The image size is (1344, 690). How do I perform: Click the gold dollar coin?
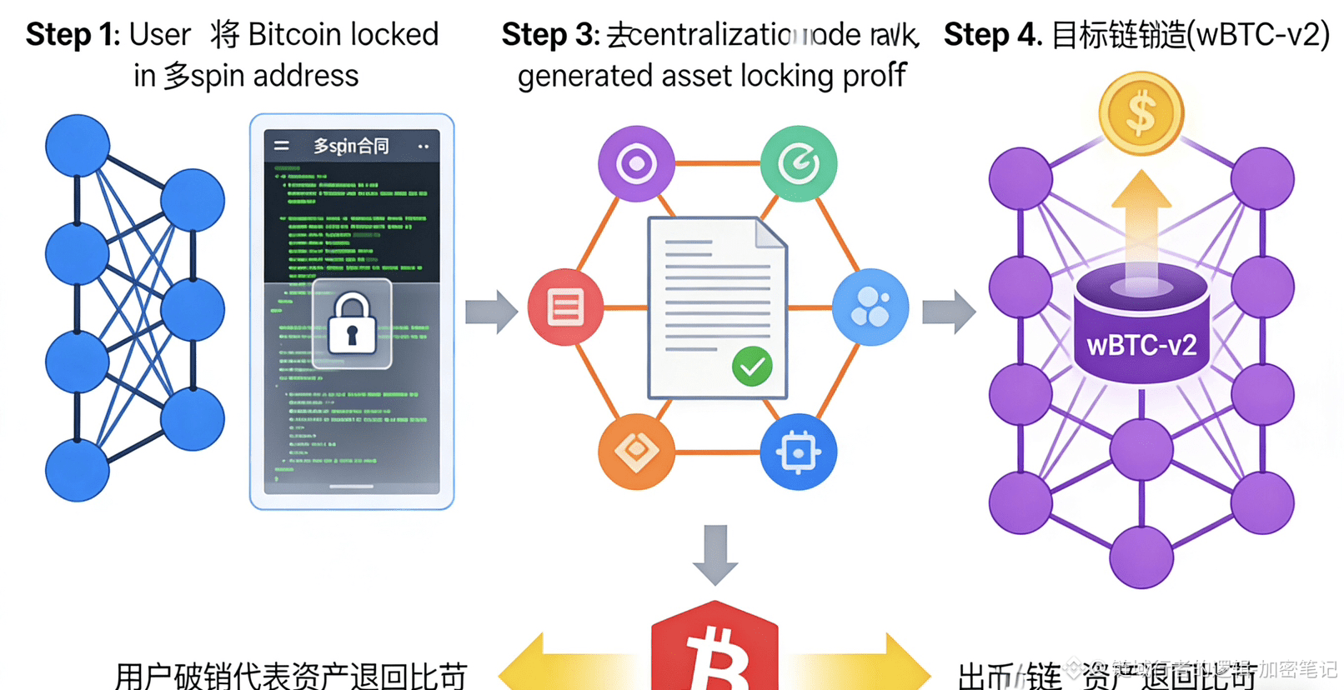(1141, 113)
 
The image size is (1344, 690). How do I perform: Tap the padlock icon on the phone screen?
(352, 323)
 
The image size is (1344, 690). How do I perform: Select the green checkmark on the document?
(752, 366)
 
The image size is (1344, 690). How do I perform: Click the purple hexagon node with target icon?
(636, 163)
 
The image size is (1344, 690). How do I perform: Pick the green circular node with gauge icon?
(799, 163)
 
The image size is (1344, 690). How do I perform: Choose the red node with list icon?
(565, 307)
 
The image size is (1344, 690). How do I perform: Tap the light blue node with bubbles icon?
(870, 307)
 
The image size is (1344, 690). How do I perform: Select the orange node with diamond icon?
(636, 452)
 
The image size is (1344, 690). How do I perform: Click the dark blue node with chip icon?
(798, 452)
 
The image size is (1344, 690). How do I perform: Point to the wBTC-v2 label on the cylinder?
(1141, 345)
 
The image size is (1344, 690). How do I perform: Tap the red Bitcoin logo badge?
(715, 650)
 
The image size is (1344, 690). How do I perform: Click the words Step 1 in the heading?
(73, 35)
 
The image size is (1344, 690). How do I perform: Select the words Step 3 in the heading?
(549, 35)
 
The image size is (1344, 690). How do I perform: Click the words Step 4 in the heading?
(991, 35)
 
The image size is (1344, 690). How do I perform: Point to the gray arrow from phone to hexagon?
(492, 312)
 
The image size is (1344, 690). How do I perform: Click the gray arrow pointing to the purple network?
(949, 312)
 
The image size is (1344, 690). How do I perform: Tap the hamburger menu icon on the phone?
(282, 146)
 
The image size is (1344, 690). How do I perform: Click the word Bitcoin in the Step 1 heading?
(295, 35)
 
